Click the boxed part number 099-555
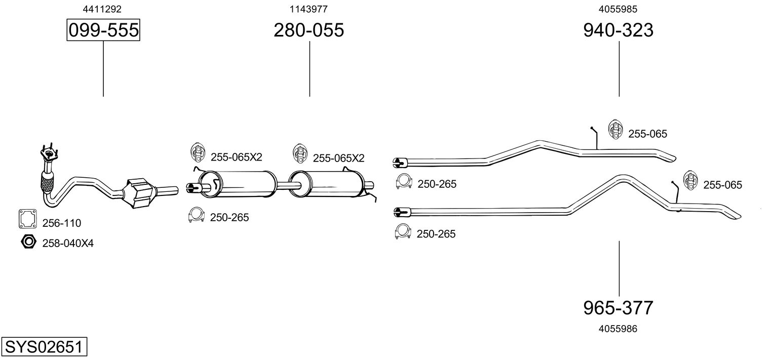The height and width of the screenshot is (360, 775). point(103,30)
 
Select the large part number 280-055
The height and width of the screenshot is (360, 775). point(308,30)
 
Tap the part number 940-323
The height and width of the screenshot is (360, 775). point(618,30)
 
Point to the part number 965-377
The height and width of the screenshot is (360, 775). point(618,307)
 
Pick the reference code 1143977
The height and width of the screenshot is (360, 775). point(308,9)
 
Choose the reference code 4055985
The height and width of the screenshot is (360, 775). point(618,9)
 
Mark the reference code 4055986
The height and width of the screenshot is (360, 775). point(618,329)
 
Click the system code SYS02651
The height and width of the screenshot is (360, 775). point(44,347)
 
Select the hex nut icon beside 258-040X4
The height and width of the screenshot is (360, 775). point(28,242)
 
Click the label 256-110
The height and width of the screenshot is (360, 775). point(61,223)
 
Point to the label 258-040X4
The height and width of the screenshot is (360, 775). point(68,244)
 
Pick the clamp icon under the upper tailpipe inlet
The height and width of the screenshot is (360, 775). point(404,181)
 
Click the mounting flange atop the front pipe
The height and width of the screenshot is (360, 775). point(48,153)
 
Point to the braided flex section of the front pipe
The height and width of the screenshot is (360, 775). point(47,182)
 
